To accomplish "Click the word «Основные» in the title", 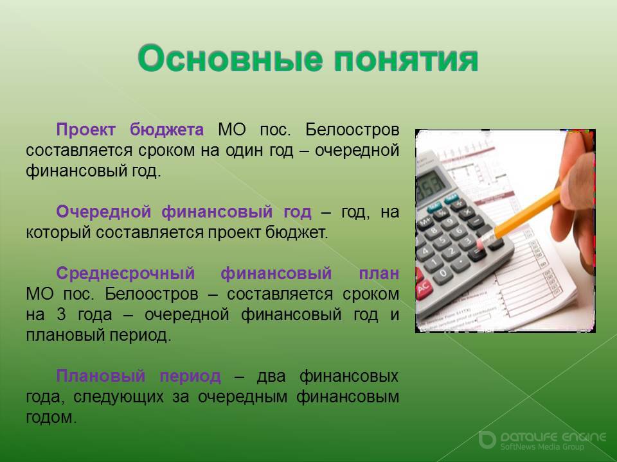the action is (230, 58).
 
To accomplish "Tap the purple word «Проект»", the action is (85, 130).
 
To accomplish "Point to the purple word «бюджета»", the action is (167, 130).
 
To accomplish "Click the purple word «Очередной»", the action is (103, 212).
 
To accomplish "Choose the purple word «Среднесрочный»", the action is (125, 273).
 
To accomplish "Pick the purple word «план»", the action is (379, 273).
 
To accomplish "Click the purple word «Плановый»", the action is (101, 376).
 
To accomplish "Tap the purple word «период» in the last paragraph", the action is (190, 377).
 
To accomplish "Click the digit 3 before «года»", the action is (61, 314).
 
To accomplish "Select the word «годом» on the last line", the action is (50, 418).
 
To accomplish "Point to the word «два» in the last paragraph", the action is (271, 377).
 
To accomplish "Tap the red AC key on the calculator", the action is (423, 289).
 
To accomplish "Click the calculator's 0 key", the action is (443, 274).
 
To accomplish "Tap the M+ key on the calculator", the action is (425, 223).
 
